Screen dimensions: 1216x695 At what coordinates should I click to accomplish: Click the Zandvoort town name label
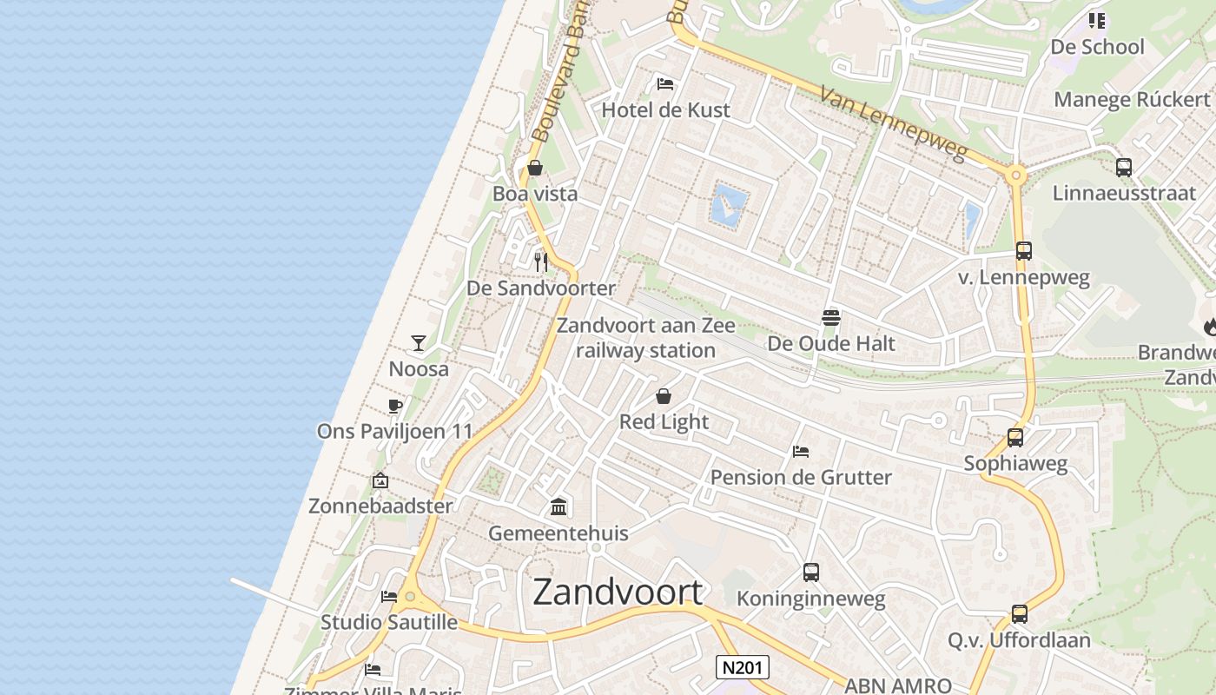pyautogui.click(x=618, y=592)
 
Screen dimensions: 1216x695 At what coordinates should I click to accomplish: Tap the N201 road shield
pyautogui.click(x=743, y=667)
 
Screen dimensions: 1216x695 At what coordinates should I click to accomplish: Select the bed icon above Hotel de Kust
pyautogui.click(x=665, y=84)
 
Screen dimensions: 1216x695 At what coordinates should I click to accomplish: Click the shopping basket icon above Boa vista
pyautogui.click(x=535, y=168)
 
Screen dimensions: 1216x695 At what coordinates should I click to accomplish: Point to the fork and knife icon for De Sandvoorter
pyautogui.click(x=541, y=261)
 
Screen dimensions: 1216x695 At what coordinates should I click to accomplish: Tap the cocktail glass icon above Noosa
pyautogui.click(x=419, y=343)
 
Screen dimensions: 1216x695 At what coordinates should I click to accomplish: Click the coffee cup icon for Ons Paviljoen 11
pyautogui.click(x=395, y=406)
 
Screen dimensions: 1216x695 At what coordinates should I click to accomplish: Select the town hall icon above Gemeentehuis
pyautogui.click(x=558, y=506)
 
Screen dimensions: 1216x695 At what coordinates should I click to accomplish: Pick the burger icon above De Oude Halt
pyautogui.click(x=831, y=317)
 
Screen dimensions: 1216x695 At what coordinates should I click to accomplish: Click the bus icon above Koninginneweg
pyautogui.click(x=811, y=573)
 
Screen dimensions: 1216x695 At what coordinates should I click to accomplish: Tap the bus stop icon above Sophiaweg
pyautogui.click(x=1015, y=438)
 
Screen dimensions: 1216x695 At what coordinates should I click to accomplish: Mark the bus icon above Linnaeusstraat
pyautogui.click(x=1124, y=168)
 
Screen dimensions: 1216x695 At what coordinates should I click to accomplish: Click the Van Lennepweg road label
pyautogui.click(x=894, y=124)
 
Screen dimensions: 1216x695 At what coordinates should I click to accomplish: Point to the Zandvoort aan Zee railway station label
pyautogui.click(x=645, y=338)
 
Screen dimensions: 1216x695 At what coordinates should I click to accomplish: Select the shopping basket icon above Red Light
pyautogui.click(x=664, y=396)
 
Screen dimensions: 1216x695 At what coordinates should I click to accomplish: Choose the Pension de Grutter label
pyautogui.click(x=801, y=477)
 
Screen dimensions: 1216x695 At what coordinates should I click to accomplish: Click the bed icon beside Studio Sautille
pyautogui.click(x=389, y=596)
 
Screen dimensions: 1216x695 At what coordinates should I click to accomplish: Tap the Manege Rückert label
pyautogui.click(x=1132, y=99)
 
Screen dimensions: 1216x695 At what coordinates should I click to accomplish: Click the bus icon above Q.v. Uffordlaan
pyautogui.click(x=1020, y=614)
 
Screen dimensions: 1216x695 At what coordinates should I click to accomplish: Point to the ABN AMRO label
pyautogui.click(x=898, y=685)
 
